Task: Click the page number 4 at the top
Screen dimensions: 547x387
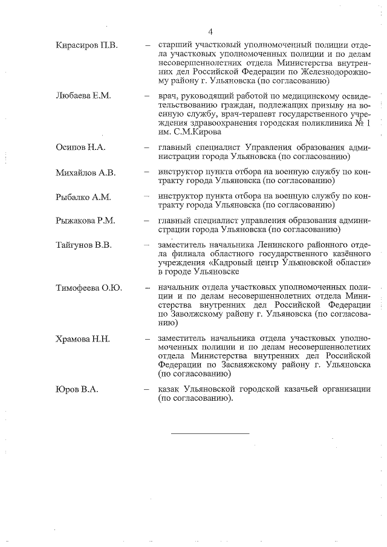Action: click(210, 31)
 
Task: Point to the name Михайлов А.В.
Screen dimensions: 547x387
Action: click(85, 173)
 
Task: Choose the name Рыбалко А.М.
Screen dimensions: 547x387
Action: click(82, 198)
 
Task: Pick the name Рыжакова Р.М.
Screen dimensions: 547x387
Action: click(85, 222)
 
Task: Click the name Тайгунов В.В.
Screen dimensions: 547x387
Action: click(83, 246)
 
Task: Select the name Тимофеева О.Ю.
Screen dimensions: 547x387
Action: click(88, 287)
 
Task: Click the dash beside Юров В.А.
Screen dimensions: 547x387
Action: click(147, 390)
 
